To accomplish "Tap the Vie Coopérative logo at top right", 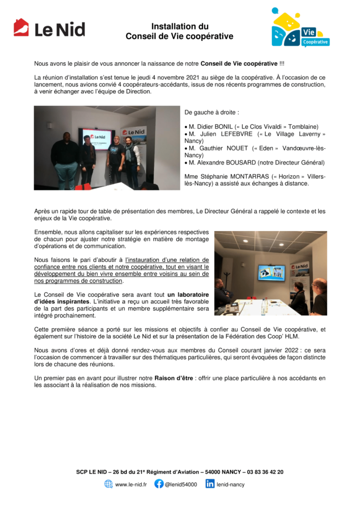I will click(x=300, y=28).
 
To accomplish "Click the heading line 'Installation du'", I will click(x=180, y=27).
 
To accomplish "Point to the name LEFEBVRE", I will click(x=235, y=134).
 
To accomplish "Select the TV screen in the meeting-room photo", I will click(x=271, y=272).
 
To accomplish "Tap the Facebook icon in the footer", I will click(x=159, y=484).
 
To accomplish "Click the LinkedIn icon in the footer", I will click(x=210, y=484).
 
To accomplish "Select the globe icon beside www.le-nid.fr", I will click(x=108, y=484).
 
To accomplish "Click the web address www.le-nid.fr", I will click(x=131, y=484).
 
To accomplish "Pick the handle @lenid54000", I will click(x=181, y=484).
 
